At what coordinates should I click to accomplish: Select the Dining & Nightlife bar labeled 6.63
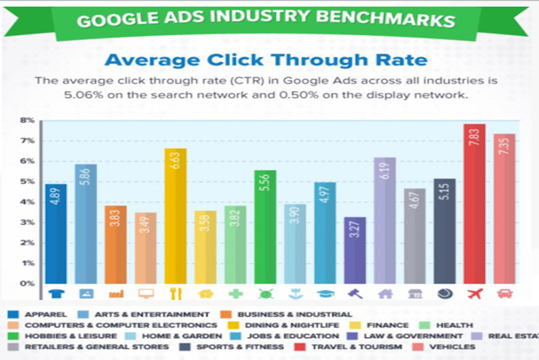[x=175, y=216]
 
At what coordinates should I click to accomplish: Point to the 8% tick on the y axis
[x=27, y=120]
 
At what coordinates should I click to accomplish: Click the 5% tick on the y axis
[x=27, y=181]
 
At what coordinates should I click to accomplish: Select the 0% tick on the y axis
[x=27, y=283]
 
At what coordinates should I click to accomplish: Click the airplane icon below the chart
[x=475, y=293]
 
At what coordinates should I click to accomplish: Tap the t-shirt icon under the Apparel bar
[x=56, y=294]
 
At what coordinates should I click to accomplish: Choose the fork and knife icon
[x=175, y=294]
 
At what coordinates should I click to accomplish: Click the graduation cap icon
[x=325, y=294]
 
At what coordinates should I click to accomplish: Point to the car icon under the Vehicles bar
[x=504, y=294]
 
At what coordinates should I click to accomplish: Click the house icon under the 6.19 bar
[x=385, y=294]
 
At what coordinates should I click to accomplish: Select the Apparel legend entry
[x=40, y=314]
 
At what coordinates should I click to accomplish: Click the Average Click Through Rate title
[x=265, y=60]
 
